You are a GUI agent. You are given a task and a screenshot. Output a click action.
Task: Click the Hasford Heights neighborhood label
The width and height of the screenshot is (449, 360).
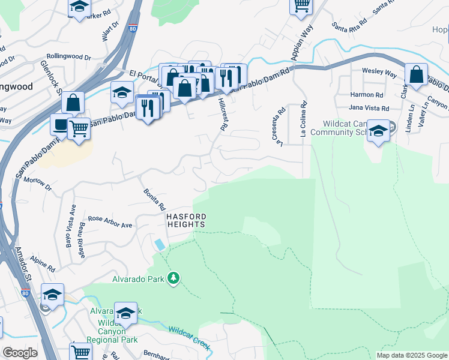pos(186,220)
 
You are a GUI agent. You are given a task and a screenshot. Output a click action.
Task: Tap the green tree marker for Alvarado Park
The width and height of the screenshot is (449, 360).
pos(173,278)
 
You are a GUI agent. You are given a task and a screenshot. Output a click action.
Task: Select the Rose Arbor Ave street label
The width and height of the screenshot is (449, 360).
pos(110,221)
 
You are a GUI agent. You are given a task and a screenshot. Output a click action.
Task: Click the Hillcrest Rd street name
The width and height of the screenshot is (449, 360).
pos(223,115)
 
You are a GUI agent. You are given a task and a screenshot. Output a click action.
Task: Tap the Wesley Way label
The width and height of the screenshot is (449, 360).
pos(379,73)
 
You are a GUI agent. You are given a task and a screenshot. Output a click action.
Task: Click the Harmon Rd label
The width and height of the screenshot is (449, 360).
pos(366,95)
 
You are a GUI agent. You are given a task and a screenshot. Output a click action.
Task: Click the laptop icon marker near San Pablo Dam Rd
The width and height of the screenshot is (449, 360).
pos(61,125)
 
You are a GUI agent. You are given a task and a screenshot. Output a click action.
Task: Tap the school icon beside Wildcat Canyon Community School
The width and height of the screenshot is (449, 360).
pos(378,131)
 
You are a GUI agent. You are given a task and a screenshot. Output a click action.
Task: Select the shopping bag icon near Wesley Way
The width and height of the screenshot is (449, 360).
pos(416,74)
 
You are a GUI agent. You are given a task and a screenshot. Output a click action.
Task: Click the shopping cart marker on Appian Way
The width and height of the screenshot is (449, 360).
pos(301,5)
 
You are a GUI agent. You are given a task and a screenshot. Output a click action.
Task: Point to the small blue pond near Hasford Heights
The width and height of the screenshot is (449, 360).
pos(159,245)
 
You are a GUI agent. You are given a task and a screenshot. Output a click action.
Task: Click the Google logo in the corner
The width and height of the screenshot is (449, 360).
pos(20,353)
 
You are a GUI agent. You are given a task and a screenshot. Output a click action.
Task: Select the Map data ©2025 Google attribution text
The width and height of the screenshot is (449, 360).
pos(412,355)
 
